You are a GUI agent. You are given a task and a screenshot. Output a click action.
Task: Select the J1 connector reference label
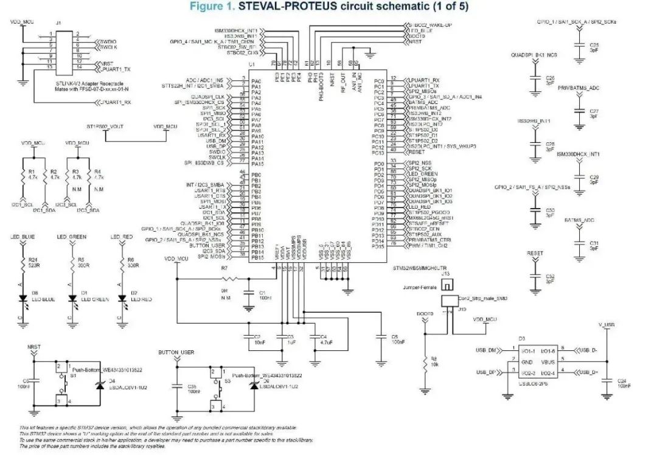click(x=58, y=23)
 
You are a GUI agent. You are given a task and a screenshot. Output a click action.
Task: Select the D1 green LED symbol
click(x=74, y=298)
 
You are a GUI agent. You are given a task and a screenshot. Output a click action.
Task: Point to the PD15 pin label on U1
click(x=379, y=246)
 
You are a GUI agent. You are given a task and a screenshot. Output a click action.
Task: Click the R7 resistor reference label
click(x=224, y=268)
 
